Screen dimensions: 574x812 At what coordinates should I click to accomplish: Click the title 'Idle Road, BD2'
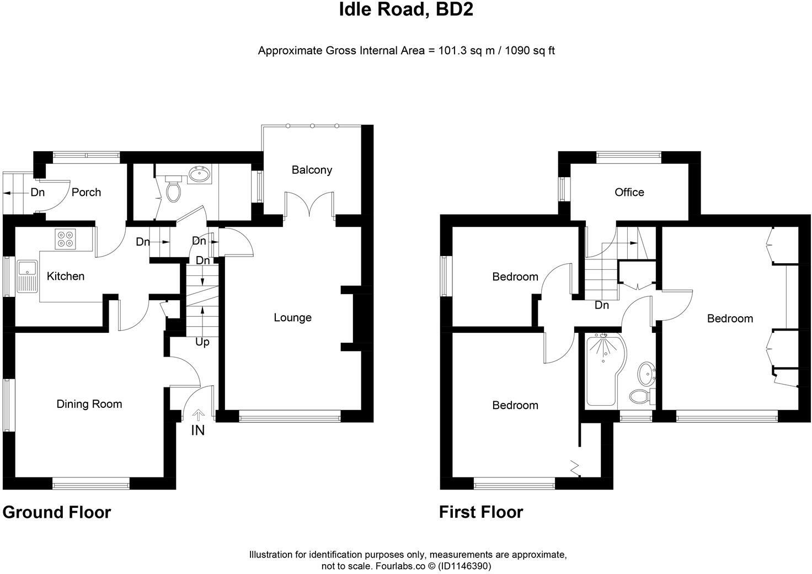coord(406,9)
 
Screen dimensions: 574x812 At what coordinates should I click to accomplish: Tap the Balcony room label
coord(312,170)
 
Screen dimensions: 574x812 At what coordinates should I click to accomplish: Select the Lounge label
coord(292,317)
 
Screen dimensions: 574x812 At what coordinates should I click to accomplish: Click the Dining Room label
coord(89,404)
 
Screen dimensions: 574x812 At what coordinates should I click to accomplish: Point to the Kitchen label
coord(65,276)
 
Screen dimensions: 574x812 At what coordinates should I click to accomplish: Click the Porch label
coord(87,192)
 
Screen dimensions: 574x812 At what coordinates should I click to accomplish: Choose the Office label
coord(629,192)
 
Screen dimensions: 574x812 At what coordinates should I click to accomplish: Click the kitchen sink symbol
coord(26,276)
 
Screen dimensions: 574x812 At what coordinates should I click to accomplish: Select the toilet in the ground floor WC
coord(174,190)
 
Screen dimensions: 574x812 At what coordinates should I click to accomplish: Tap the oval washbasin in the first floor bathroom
coord(645,375)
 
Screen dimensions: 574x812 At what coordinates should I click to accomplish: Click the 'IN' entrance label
coord(197,430)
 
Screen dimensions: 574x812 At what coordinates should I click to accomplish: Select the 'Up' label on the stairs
coord(202,342)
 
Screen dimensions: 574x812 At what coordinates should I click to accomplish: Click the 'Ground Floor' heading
coord(57,512)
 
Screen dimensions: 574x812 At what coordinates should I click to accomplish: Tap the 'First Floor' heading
coord(480,512)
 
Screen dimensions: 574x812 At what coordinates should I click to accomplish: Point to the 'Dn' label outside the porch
coord(38,193)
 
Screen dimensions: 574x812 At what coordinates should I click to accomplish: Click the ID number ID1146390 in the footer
coord(463,566)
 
